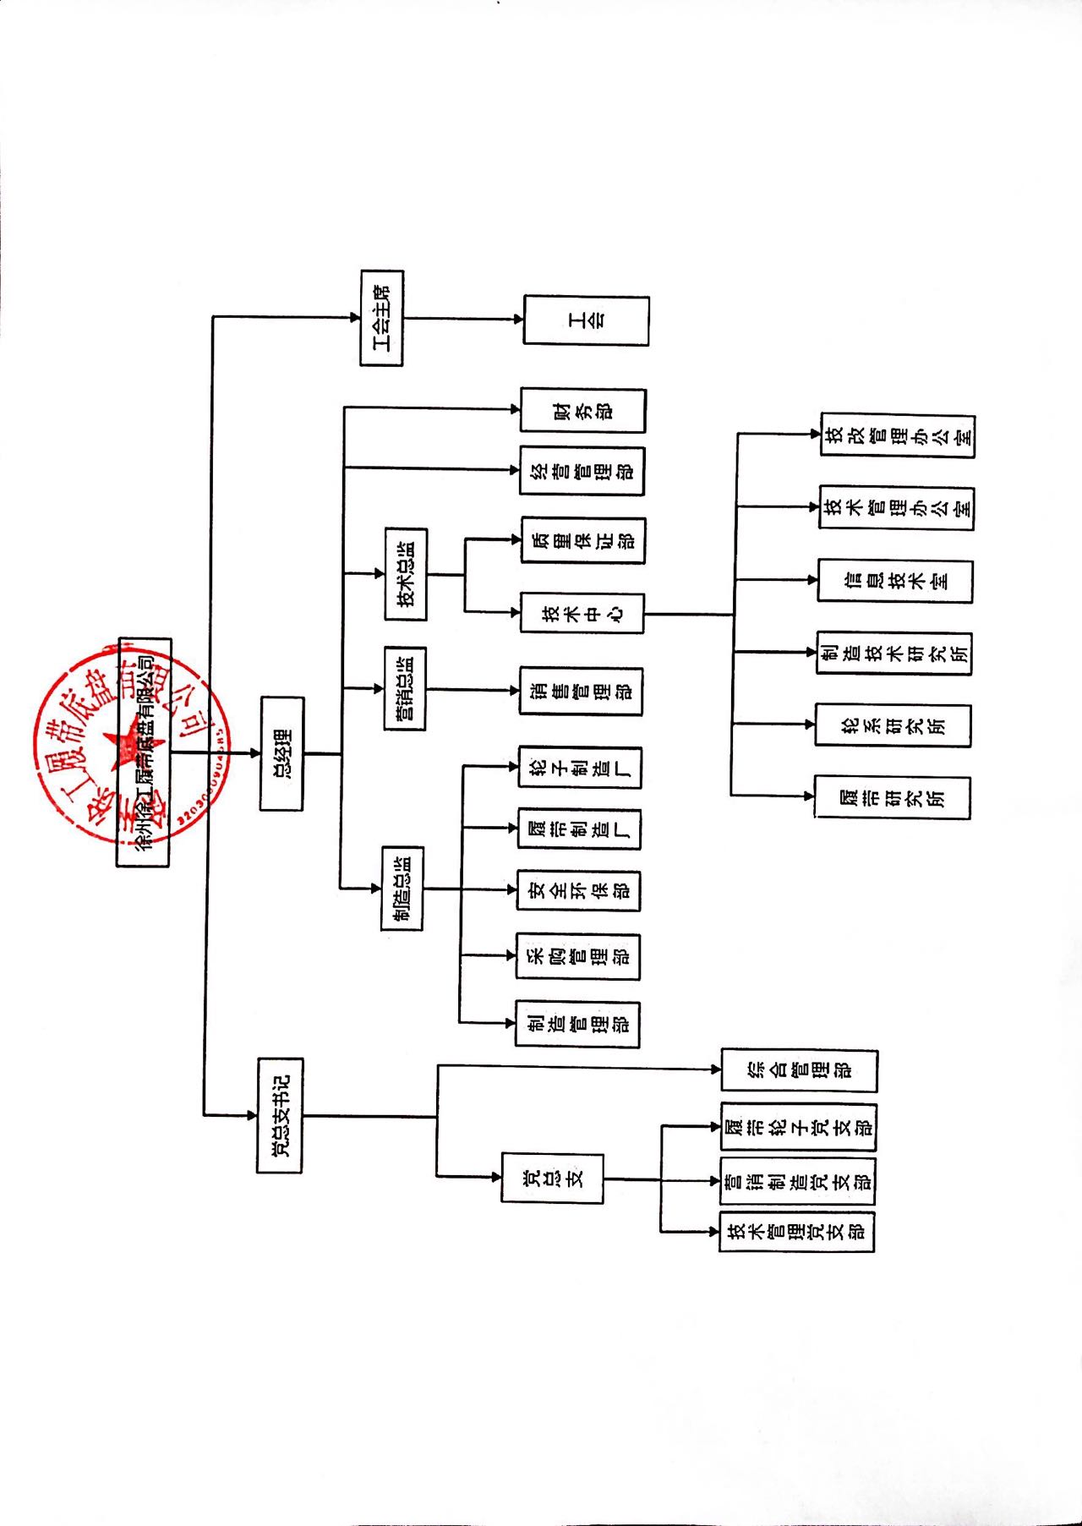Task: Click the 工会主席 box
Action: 382,318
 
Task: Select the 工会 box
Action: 586,320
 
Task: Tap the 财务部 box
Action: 582,411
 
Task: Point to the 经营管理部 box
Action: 582,471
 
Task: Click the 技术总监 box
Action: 406,574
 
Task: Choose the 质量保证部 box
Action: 582,540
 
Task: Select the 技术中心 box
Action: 582,613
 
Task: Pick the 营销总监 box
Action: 405,688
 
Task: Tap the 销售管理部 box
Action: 581,691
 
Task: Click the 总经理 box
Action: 281,753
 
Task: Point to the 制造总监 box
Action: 402,888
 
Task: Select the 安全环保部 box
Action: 578,890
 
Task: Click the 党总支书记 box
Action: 280,1115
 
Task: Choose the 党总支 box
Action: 552,1178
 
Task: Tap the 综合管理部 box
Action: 799,1070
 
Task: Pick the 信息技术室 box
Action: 895,581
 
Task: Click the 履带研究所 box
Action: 893,796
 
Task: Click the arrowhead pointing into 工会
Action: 518,319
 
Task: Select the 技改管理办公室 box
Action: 898,435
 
